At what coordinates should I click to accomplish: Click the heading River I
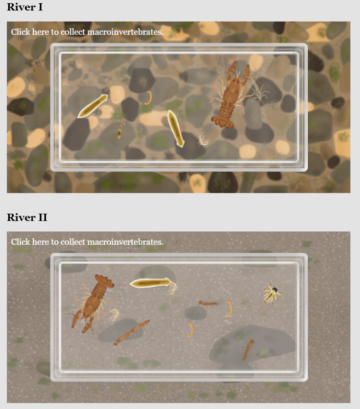point(25,8)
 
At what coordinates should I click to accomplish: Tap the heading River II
point(27,217)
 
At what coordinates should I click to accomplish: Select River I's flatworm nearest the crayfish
point(175,128)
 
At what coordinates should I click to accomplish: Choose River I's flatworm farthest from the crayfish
point(93,106)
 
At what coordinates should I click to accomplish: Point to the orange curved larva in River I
point(148,97)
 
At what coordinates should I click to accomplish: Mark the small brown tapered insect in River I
point(120,130)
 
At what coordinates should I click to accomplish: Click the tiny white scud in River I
point(202,139)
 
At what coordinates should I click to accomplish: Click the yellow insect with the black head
point(272,294)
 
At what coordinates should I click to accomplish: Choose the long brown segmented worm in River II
point(132,333)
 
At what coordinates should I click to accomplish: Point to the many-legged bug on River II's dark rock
point(248,349)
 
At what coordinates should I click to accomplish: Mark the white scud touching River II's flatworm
point(173,288)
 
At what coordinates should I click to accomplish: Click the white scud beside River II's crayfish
point(114,315)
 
